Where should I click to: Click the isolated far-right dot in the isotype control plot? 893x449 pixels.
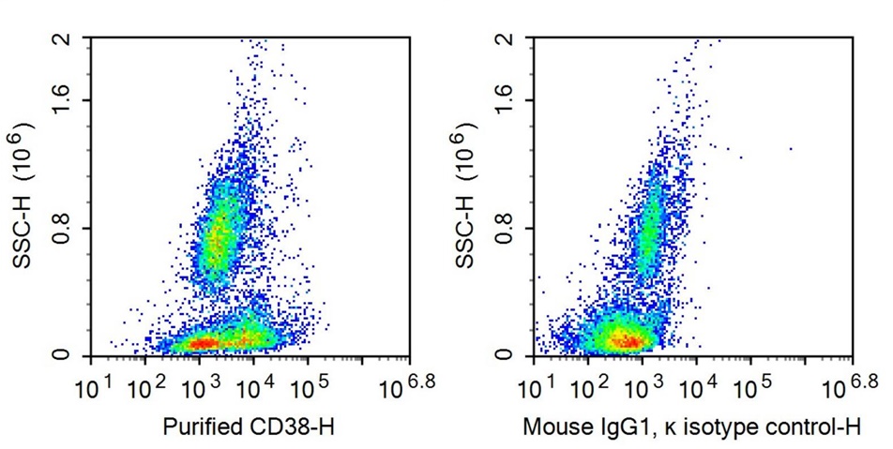(791, 148)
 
